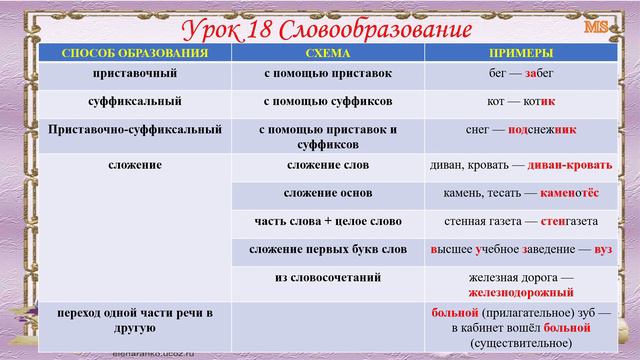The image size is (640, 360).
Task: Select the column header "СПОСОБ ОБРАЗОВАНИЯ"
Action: [x=134, y=52]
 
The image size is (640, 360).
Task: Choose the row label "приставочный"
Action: [x=134, y=74]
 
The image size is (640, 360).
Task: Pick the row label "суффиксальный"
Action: [x=135, y=101]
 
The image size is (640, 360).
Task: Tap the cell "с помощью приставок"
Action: [x=327, y=74]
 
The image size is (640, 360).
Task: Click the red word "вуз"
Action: [x=603, y=247]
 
